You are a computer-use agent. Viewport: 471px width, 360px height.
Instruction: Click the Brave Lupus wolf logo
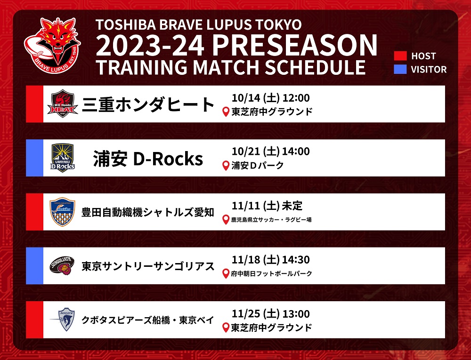pyautogui.click(x=52, y=45)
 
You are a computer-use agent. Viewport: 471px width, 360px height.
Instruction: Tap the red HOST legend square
pyautogui.click(x=400, y=56)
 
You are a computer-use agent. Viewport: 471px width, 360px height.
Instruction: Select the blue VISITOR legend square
pyautogui.click(x=400, y=69)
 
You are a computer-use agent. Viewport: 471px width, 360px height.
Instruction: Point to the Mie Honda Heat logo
pyautogui.click(x=63, y=104)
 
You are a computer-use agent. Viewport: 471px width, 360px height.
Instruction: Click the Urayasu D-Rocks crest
pyautogui.click(x=63, y=158)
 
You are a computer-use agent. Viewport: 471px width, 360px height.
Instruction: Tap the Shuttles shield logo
pyautogui.click(x=62, y=212)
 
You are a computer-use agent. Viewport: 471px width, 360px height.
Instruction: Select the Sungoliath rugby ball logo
pyautogui.click(x=62, y=266)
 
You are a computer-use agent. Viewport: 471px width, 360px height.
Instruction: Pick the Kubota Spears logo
pyautogui.click(x=63, y=319)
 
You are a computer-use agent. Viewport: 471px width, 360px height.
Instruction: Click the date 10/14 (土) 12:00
pyautogui.click(x=271, y=98)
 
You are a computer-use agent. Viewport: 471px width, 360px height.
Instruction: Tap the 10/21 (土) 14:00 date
pyautogui.click(x=271, y=151)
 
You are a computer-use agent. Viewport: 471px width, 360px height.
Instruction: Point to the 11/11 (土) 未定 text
pyautogui.click(x=267, y=206)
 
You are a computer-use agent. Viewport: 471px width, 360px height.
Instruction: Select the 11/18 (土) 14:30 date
pyautogui.click(x=271, y=259)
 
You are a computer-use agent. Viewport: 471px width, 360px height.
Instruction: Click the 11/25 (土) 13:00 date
pyautogui.click(x=271, y=313)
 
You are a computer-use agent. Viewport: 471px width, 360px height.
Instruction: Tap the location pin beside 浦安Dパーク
pyautogui.click(x=226, y=166)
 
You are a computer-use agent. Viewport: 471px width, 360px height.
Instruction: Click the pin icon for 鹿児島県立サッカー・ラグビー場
pyautogui.click(x=226, y=220)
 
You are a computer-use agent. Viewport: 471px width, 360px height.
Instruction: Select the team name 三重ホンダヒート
pyautogui.click(x=148, y=104)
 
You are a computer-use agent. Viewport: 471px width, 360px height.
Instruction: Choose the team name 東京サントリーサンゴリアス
pyautogui.click(x=148, y=266)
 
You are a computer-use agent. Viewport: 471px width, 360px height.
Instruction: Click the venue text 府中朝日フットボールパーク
pyautogui.click(x=272, y=273)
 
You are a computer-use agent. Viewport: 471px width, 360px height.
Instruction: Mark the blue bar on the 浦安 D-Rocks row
pyautogui.click(x=34, y=158)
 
